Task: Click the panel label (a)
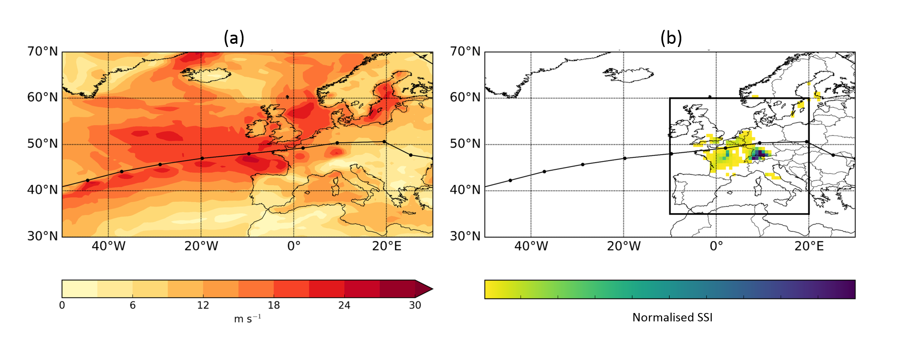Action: tap(234, 38)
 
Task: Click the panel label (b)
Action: tap(671, 38)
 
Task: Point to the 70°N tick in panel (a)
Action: tap(43, 51)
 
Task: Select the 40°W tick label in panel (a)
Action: tap(108, 246)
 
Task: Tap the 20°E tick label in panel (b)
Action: tap(809, 246)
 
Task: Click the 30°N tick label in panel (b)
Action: tap(465, 236)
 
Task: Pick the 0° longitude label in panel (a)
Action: tap(294, 246)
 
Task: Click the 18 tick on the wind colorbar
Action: tap(274, 305)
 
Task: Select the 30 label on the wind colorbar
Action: tap(415, 305)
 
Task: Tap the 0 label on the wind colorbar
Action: tap(62, 305)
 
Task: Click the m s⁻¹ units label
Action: tap(247, 319)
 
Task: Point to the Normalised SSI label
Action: tap(672, 317)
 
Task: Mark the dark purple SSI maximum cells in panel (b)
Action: tap(760, 154)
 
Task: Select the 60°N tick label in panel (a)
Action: tap(43, 98)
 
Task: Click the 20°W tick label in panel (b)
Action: tap(624, 246)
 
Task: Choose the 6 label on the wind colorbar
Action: tap(133, 305)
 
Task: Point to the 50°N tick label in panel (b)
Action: tap(465, 144)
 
